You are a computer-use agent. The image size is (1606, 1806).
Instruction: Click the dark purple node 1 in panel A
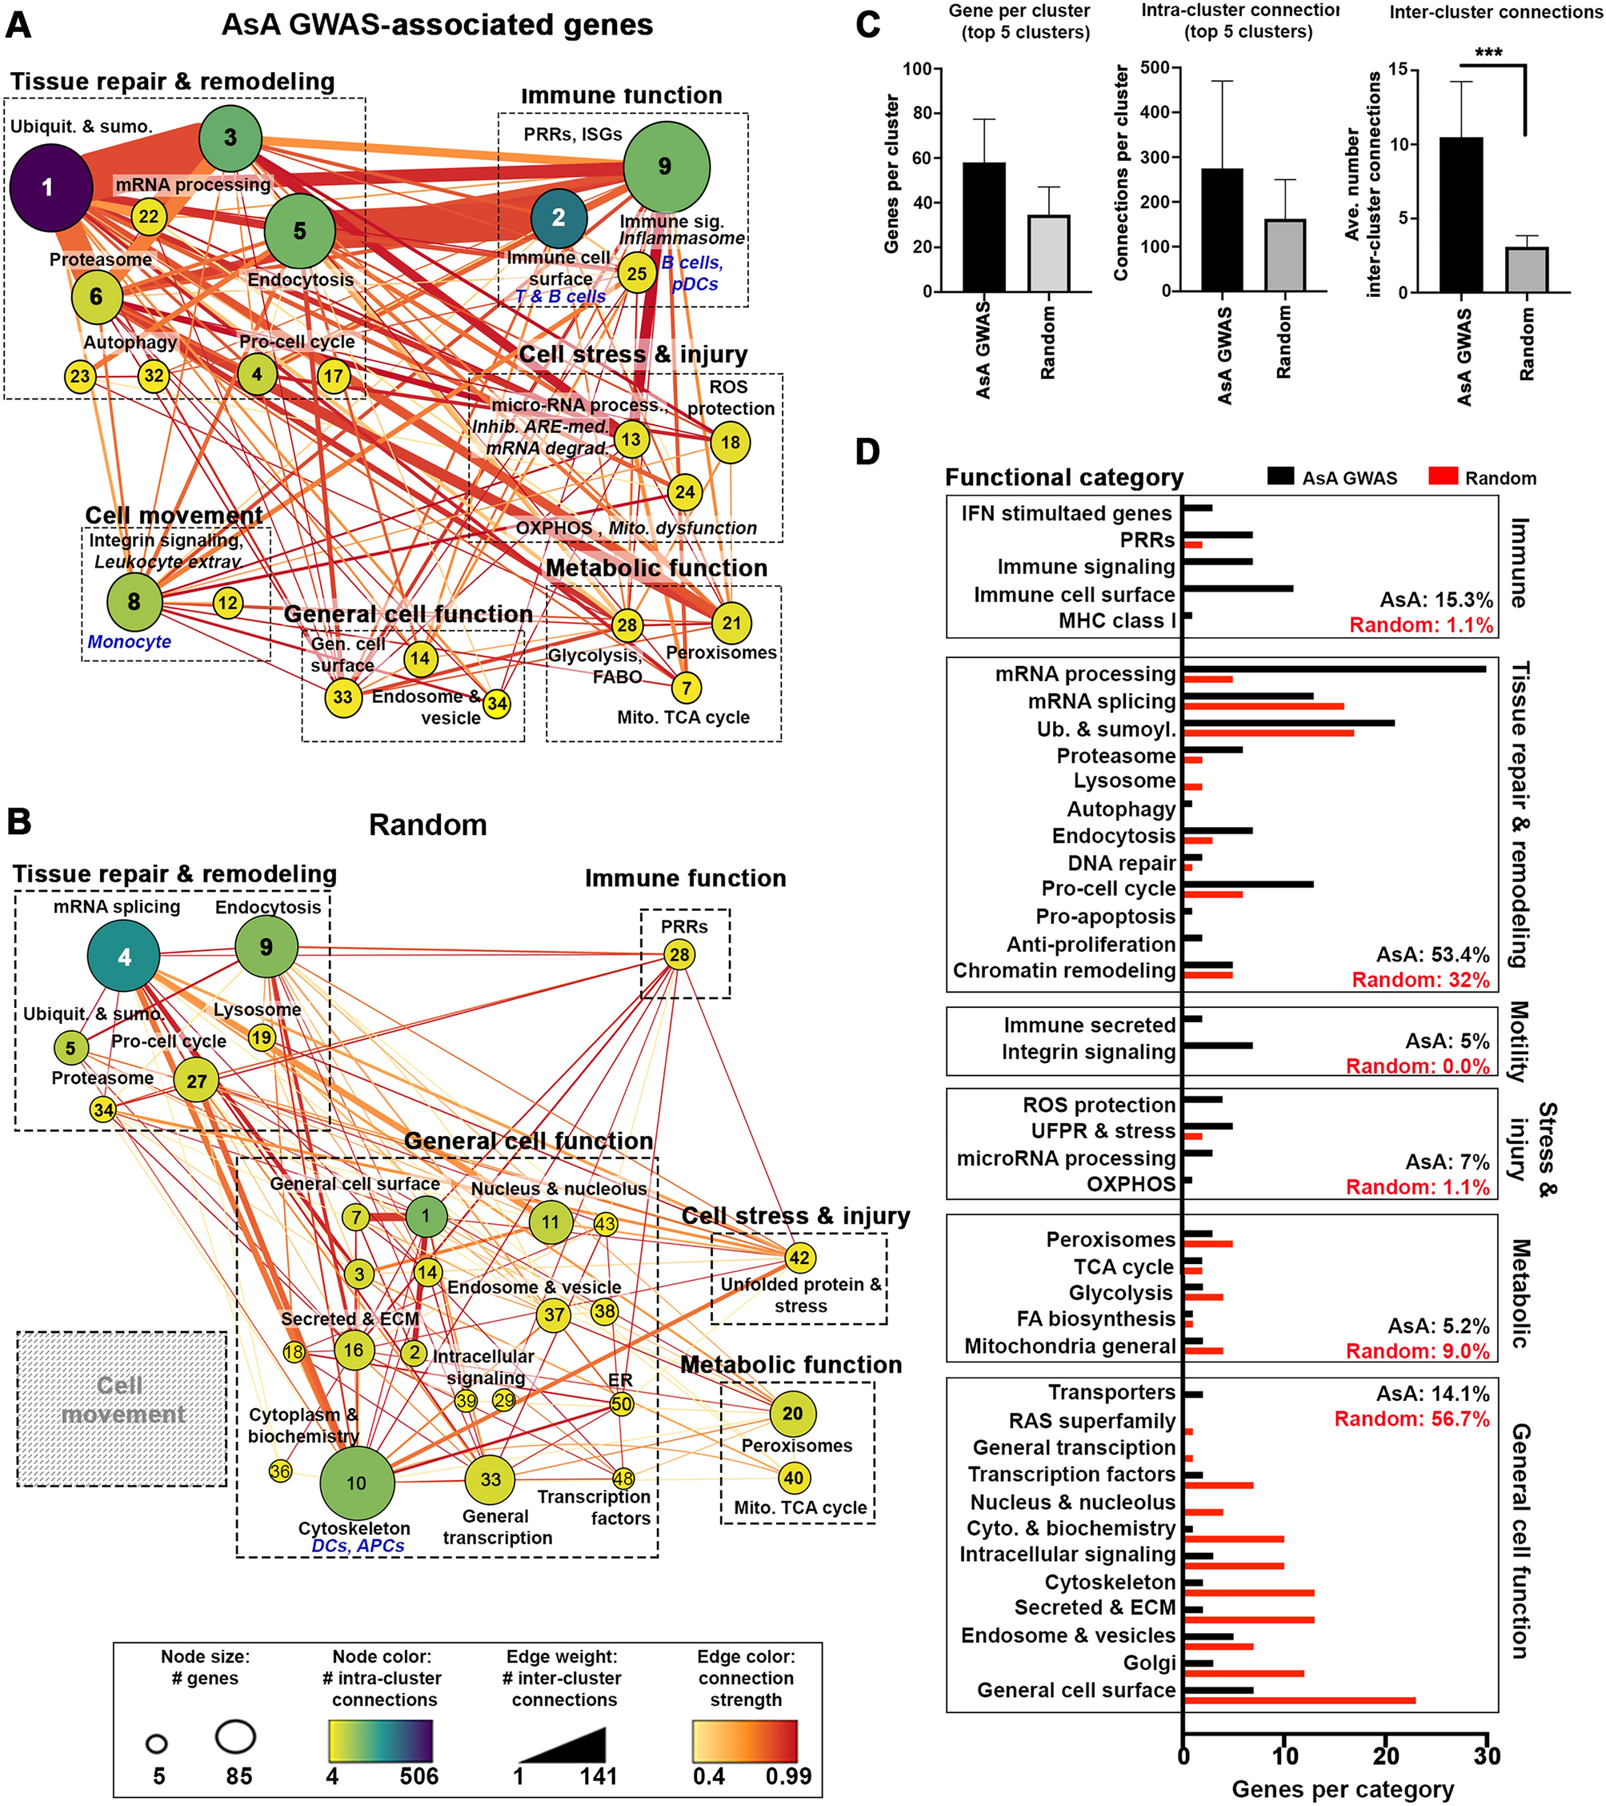(51, 187)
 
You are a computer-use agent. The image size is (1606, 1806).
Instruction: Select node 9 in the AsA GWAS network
(666, 166)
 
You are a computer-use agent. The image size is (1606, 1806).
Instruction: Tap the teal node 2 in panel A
(559, 218)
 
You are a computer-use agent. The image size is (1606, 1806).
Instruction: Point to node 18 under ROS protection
(731, 442)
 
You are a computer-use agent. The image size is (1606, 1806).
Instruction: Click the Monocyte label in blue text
(129, 641)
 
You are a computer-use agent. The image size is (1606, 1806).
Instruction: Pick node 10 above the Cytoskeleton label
(357, 1483)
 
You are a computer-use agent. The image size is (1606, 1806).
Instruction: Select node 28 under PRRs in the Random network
(679, 954)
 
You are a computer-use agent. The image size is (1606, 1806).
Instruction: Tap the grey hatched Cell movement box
(122, 1408)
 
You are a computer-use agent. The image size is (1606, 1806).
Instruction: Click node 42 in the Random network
(799, 1258)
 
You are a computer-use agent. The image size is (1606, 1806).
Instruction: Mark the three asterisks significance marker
(1488, 53)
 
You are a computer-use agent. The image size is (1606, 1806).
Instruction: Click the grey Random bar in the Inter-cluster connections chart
(1527, 270)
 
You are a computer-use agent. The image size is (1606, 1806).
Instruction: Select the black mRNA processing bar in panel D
(1334, 669)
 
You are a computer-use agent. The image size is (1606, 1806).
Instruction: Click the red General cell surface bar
(1300, 1700)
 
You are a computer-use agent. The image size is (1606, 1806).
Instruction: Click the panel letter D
(867, 452)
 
